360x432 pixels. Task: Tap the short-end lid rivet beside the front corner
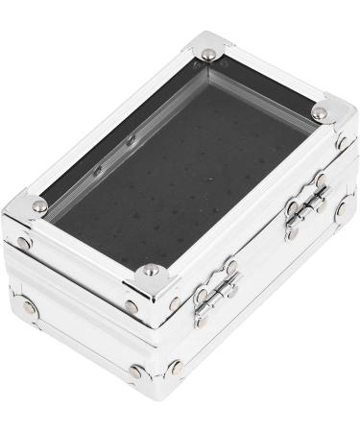coord(132,307)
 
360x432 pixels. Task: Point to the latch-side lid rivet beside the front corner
coord(175,300)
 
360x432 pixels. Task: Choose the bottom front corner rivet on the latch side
coord(176,366)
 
